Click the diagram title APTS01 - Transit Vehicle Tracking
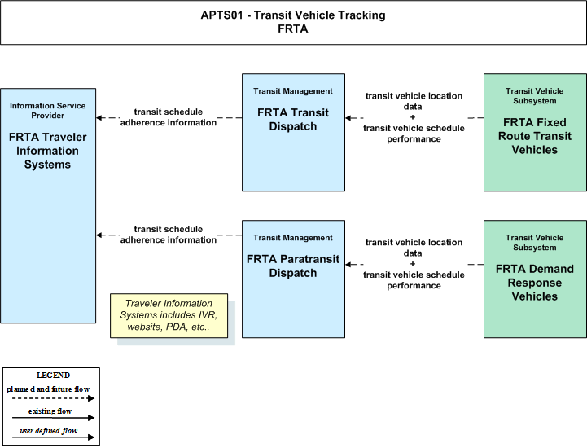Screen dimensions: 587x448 pyautogui.click(x=293, y=15)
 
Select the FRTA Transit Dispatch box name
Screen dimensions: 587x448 pyautogui.click(x=293, y=120)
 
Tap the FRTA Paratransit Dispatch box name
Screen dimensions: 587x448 pyautogui.click(x=293, y=266)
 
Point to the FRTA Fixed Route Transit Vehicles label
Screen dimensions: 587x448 pyautogui.click(x=535, y=136)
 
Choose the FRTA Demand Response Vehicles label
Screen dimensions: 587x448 pyautogui.click(x=535, y=283)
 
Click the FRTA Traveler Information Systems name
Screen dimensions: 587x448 pyautogui.click(x=47, y=151)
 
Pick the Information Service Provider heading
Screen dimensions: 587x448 pyautogui.click(x=47, y=111)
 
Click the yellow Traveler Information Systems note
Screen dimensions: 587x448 pyautogui.click(x=169, y=315)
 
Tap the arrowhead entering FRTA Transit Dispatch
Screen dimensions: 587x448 pyautogui.click(x=348, y=118)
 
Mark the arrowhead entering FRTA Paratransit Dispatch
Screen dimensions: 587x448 pyautogui.click(x=348, y=265)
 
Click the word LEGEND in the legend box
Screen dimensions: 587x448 pyautogui.click(x=53, y=375)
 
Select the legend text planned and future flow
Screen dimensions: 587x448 pyautogui.click(x=48, y=389)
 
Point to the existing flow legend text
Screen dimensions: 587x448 pyautogui.click(x=50, y=411)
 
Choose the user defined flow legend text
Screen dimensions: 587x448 pyautogui.click(x=49, y=430)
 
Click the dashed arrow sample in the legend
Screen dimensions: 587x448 pyautogui.click(x=53, y=398)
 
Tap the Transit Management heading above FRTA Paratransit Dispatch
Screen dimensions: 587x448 pyautogui.click(x=293, y=238)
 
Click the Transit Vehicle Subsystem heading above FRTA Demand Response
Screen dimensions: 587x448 pyautogui.click(x=535, y=243)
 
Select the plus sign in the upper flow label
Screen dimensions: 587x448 pyautogui.click(x=413, y=116)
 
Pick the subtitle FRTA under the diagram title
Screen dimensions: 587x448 pyautogui.click(x=293, y=29)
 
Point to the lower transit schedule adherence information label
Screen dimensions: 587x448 pyautogui.click(x=169, y=234)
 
